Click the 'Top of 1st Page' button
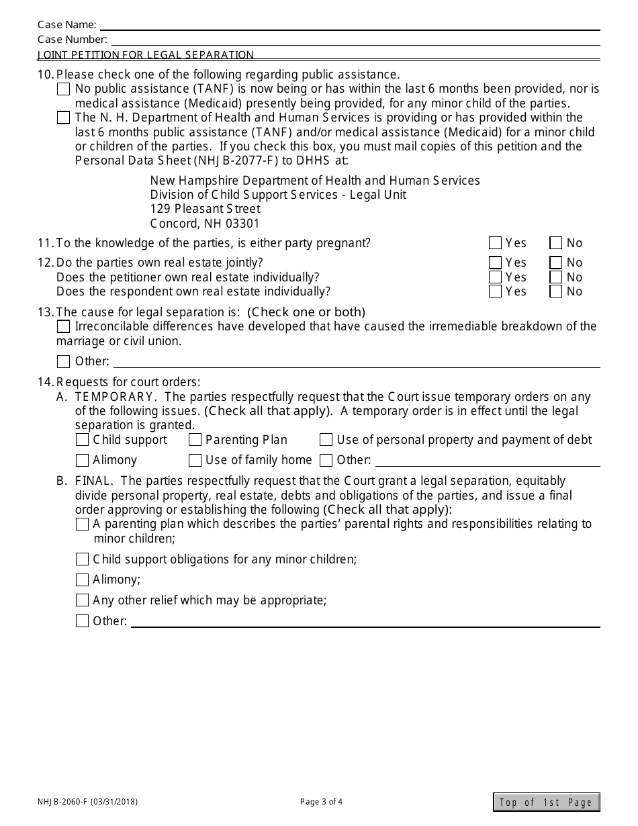[546, 802]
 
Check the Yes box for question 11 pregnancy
[496, 243]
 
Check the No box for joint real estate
[555, 263]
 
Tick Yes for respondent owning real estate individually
[496, 291]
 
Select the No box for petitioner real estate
[555, 277]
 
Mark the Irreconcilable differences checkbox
[64, 326]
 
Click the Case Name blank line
[349, 25]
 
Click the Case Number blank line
[353, 40]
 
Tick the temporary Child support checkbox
[82, 440]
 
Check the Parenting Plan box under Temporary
[195, 440]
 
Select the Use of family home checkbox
[195, 460]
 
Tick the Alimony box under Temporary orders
[82, 460]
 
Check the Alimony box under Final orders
[82, 580]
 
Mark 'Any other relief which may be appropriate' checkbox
[82, 600]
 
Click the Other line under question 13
[356, 362]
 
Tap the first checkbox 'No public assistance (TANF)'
[64, 89]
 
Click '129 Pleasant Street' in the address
[205, 209]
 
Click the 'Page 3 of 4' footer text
[321, 801]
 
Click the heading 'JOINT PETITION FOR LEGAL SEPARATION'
[146, 55]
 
